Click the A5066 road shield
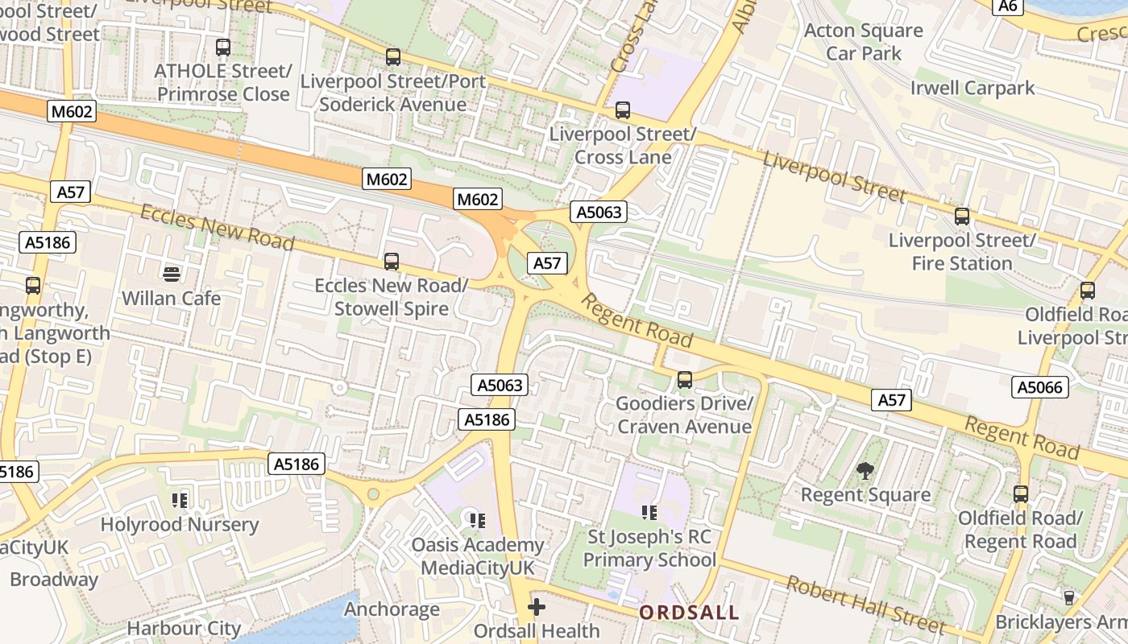point(1040,387)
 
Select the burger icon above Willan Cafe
point(171,274)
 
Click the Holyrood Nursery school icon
point(180,501)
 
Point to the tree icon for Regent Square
point(865,470)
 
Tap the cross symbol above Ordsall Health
point(537,606)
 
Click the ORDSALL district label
point(689,613)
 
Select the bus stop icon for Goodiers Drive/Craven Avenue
point(685,379)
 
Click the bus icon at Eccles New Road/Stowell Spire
point(392,262)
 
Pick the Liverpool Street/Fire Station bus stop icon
point(962,217)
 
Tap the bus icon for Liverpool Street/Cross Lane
point(622,110)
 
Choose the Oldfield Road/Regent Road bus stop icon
point(1021,494)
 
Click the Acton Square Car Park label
point(864,42)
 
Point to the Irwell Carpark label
point(972,88)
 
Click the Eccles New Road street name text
point(217,226)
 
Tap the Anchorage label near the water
point(392,609)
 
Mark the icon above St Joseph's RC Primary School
point(649,512)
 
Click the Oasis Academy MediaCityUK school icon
point(478,521)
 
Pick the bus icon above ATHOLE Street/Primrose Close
point(223,47)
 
